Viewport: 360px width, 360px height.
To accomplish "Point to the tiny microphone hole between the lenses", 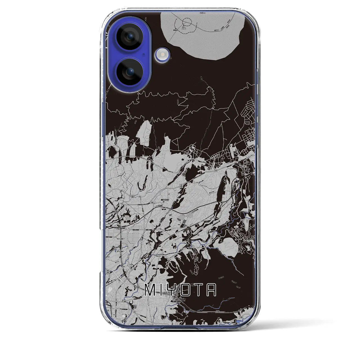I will pos(144,53).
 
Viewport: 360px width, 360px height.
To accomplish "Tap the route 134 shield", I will pos(131,196).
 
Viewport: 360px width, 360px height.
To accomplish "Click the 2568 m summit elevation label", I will pos(183,28).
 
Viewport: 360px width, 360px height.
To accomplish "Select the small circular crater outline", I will pos(186,22).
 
